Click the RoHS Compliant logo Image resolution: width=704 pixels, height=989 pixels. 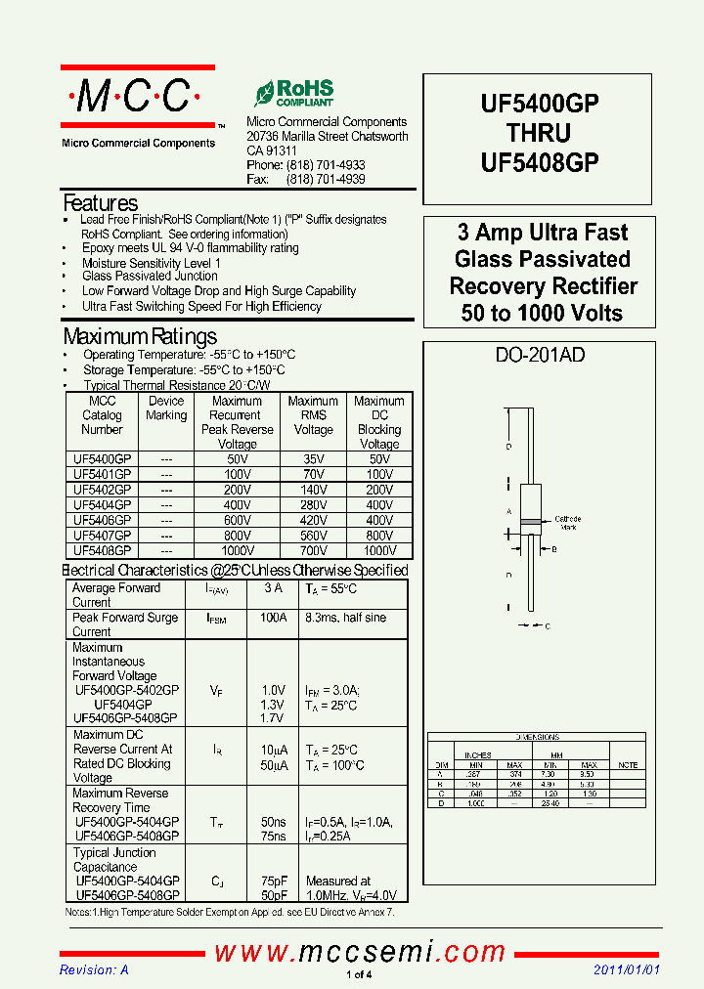(293, 93)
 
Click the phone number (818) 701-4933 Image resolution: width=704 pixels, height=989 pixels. (325, 166)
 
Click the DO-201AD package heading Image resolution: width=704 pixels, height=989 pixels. (540, 355)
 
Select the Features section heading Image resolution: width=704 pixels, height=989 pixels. (100, 203)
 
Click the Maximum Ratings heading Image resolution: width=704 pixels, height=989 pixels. (140, 337)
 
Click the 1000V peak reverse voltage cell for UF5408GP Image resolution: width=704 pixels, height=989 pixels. (237, 550)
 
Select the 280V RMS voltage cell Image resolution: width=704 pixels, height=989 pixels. (313, 504)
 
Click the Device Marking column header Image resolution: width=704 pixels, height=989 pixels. (166, 408)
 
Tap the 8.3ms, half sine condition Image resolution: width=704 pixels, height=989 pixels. (345, 618)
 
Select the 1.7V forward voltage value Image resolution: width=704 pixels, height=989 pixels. (273, 719)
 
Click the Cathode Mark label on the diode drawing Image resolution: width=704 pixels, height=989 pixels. (568, 523)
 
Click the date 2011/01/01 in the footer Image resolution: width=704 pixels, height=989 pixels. (627, 969)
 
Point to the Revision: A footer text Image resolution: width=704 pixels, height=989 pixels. (94, 969)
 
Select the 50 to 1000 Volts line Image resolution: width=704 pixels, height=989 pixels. (542, 314)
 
